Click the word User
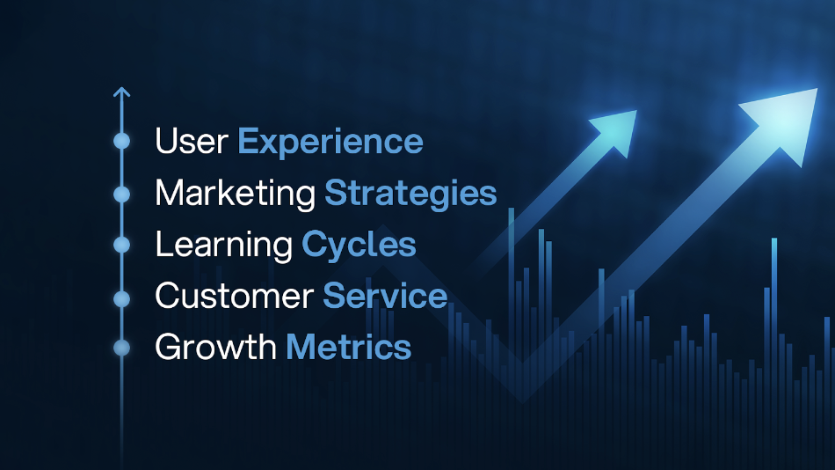[x=192, y=142]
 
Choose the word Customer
[x=234, y=297]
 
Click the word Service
[x=385, y=297]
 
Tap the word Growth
[x=215, y=348]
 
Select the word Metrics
[x=349, y=348]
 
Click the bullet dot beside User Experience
[x=121, y=141]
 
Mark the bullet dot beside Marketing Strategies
[x=121, y=194]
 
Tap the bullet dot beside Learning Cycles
[x=121, y=246]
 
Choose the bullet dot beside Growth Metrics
[x=121, y=348]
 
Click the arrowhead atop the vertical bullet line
[x=121, y=91]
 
